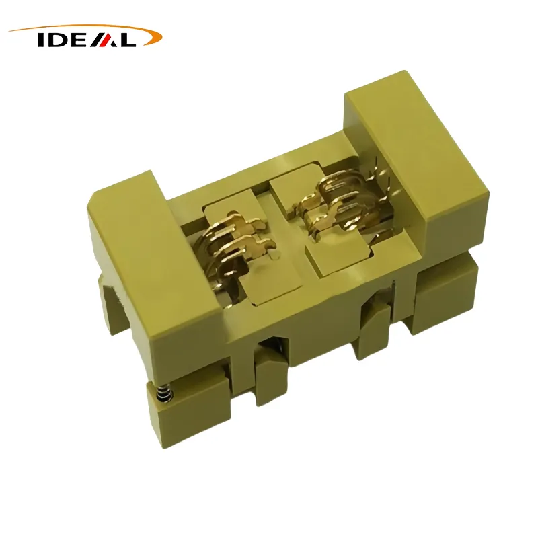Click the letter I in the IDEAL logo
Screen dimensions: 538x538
pos(40,40)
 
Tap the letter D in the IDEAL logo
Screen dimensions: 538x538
pos(55,40)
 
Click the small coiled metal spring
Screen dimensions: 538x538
pos(164,393)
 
